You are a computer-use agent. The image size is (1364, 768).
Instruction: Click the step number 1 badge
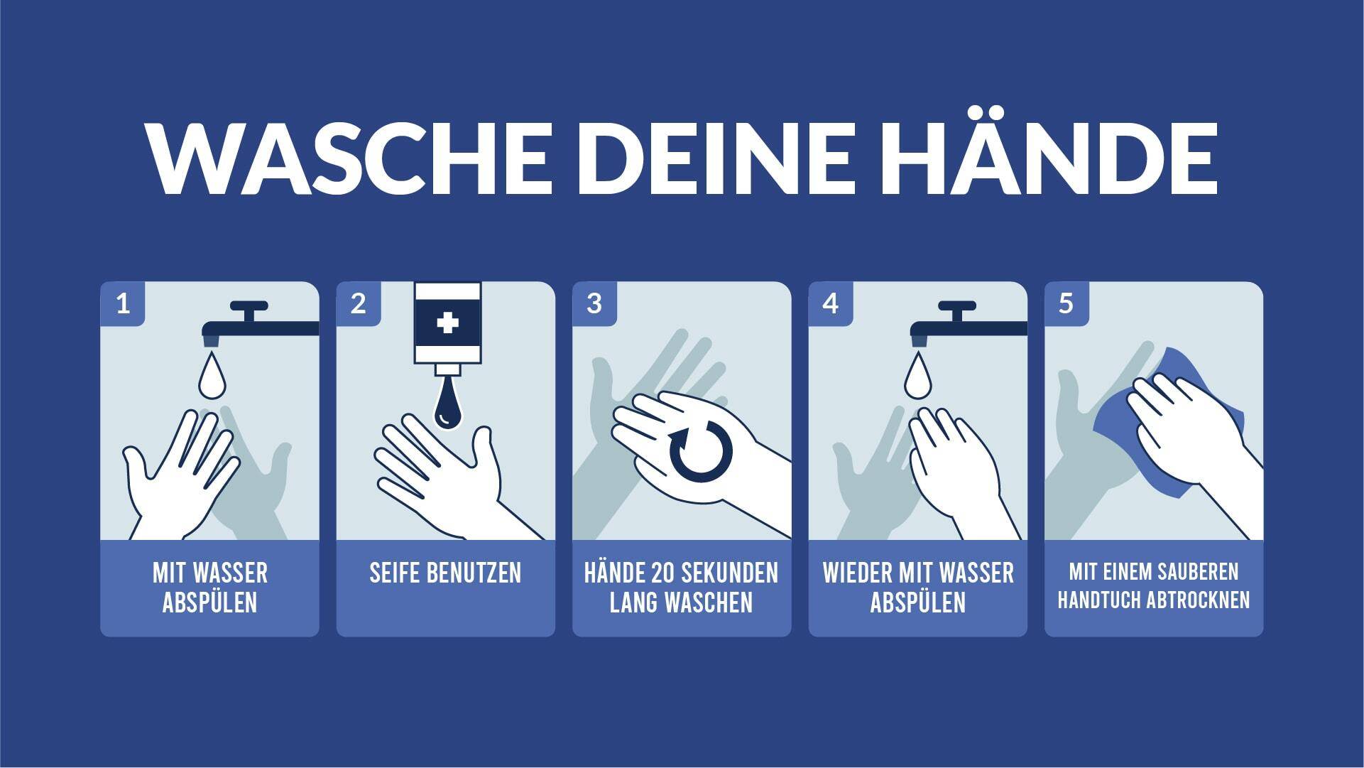pyautogui.click(x=123, y=304)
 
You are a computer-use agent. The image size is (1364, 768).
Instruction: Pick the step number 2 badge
pyautogui.click(x=359, y=304)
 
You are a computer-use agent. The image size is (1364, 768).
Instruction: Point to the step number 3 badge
pyautogui.click(x=594, y=304)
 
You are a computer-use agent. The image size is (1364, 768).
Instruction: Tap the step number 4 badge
pyautogui.click(x=831, y=304)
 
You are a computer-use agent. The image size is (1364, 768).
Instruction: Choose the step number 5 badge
pyautogui.click(x=1066, y=304)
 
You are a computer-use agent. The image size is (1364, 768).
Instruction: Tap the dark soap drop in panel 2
pyautogui.click(x=448, y=405)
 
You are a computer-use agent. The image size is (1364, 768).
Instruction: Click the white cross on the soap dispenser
pyautogui.click(x=447, y=323)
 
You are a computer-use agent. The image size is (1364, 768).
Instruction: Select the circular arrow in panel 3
pyautogui.click(x=701, y=450)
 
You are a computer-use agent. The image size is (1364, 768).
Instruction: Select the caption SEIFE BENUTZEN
pyautogui.click(x=445, y=573)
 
